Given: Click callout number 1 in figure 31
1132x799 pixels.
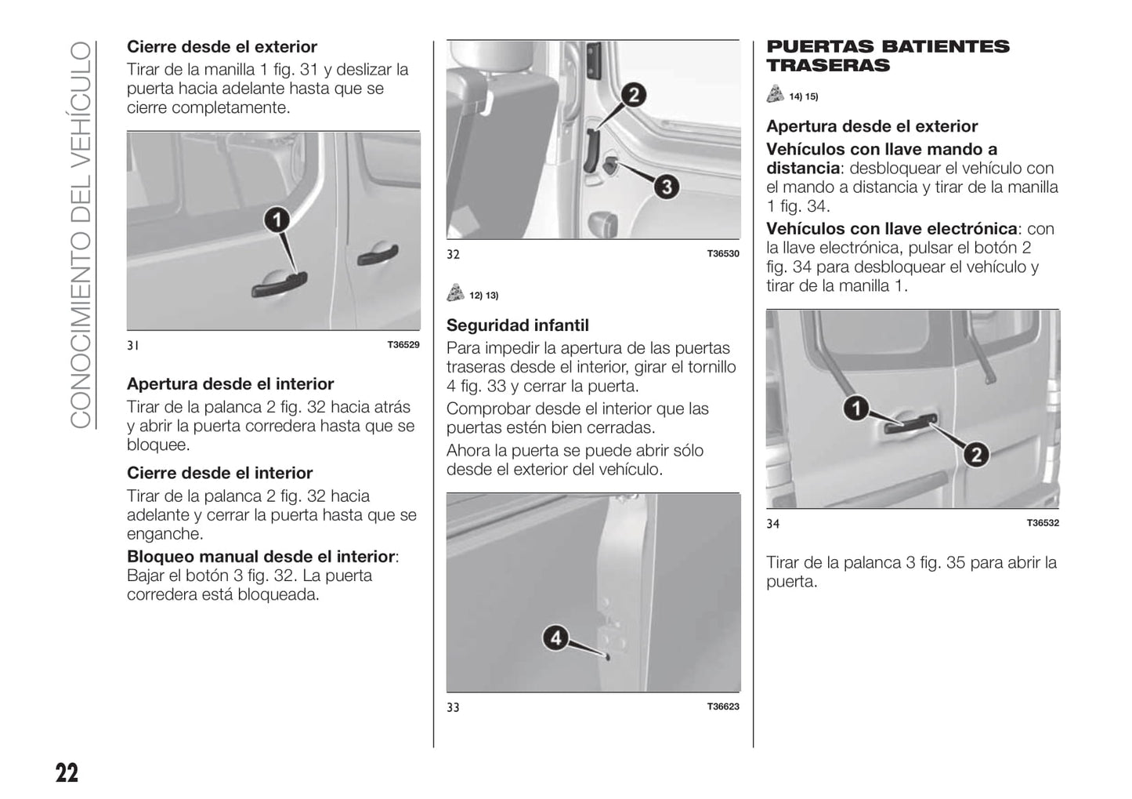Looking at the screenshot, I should pyautogui.click(x=276, y=220).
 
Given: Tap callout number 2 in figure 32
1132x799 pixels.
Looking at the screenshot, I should pyautogui.click(x=633, y=96).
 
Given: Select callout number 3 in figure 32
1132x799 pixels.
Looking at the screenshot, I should pyautogui.click(x=666, y=187).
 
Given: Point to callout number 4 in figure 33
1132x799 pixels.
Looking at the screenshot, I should pyautogui.click(x=555, y=637).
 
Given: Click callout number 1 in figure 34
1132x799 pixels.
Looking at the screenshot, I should pyautogui.click(x=855, y=408).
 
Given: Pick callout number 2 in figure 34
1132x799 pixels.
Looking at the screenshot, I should pyautogui.click(x=975, y=454).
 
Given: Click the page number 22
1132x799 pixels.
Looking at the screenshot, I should pyautogui.click(x=67, y=773).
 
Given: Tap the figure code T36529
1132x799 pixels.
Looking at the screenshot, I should pyautogui.click(x=403, y=345).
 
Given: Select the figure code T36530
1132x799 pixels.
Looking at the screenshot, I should pyautogui.click(x=723, y=254).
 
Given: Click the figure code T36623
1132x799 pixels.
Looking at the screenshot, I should pyautogui.click(x=723, y=706).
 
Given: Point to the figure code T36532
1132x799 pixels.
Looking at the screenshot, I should pyautogui.click(x=1043, y=523).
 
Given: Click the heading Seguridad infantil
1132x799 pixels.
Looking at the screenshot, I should pyautogui.click(x=517, y=325).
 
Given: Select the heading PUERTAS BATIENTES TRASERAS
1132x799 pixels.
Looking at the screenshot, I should pyautogui.click(x=888, y=56).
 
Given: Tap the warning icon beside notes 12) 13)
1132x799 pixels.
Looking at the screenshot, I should pyautogui.click(x=455, y=294).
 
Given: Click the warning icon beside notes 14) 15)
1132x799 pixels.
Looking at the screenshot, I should pyautogui.click(x=775, y=95).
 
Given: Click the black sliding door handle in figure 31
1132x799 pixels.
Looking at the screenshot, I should pyautogui.click(x=280, y=285).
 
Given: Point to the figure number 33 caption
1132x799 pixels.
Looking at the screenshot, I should pyautogui.click(x=453, y=707).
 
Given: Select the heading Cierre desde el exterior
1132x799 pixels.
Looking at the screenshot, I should pyautogui.click(x=222, y=47).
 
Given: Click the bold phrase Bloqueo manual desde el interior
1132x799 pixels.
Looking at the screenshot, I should pyautogui.click(x=261, y=557).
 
